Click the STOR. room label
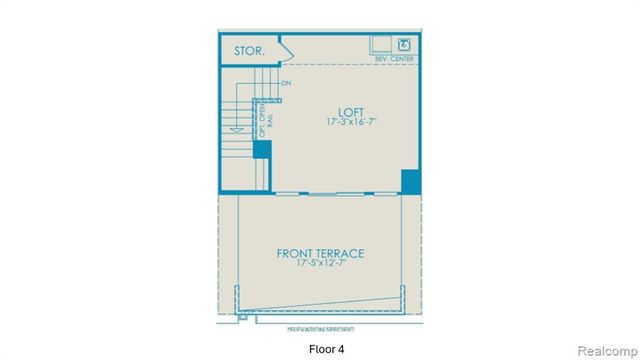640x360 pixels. tap(248, 50)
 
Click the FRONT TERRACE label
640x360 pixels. tap(320, 254)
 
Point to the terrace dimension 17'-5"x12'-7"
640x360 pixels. tap(320, 265)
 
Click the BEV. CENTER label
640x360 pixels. tap(395, 60)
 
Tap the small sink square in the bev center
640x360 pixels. tap(406, 44)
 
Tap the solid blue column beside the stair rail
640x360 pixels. tap(263, 150)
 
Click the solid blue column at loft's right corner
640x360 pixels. tap(409, 181)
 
